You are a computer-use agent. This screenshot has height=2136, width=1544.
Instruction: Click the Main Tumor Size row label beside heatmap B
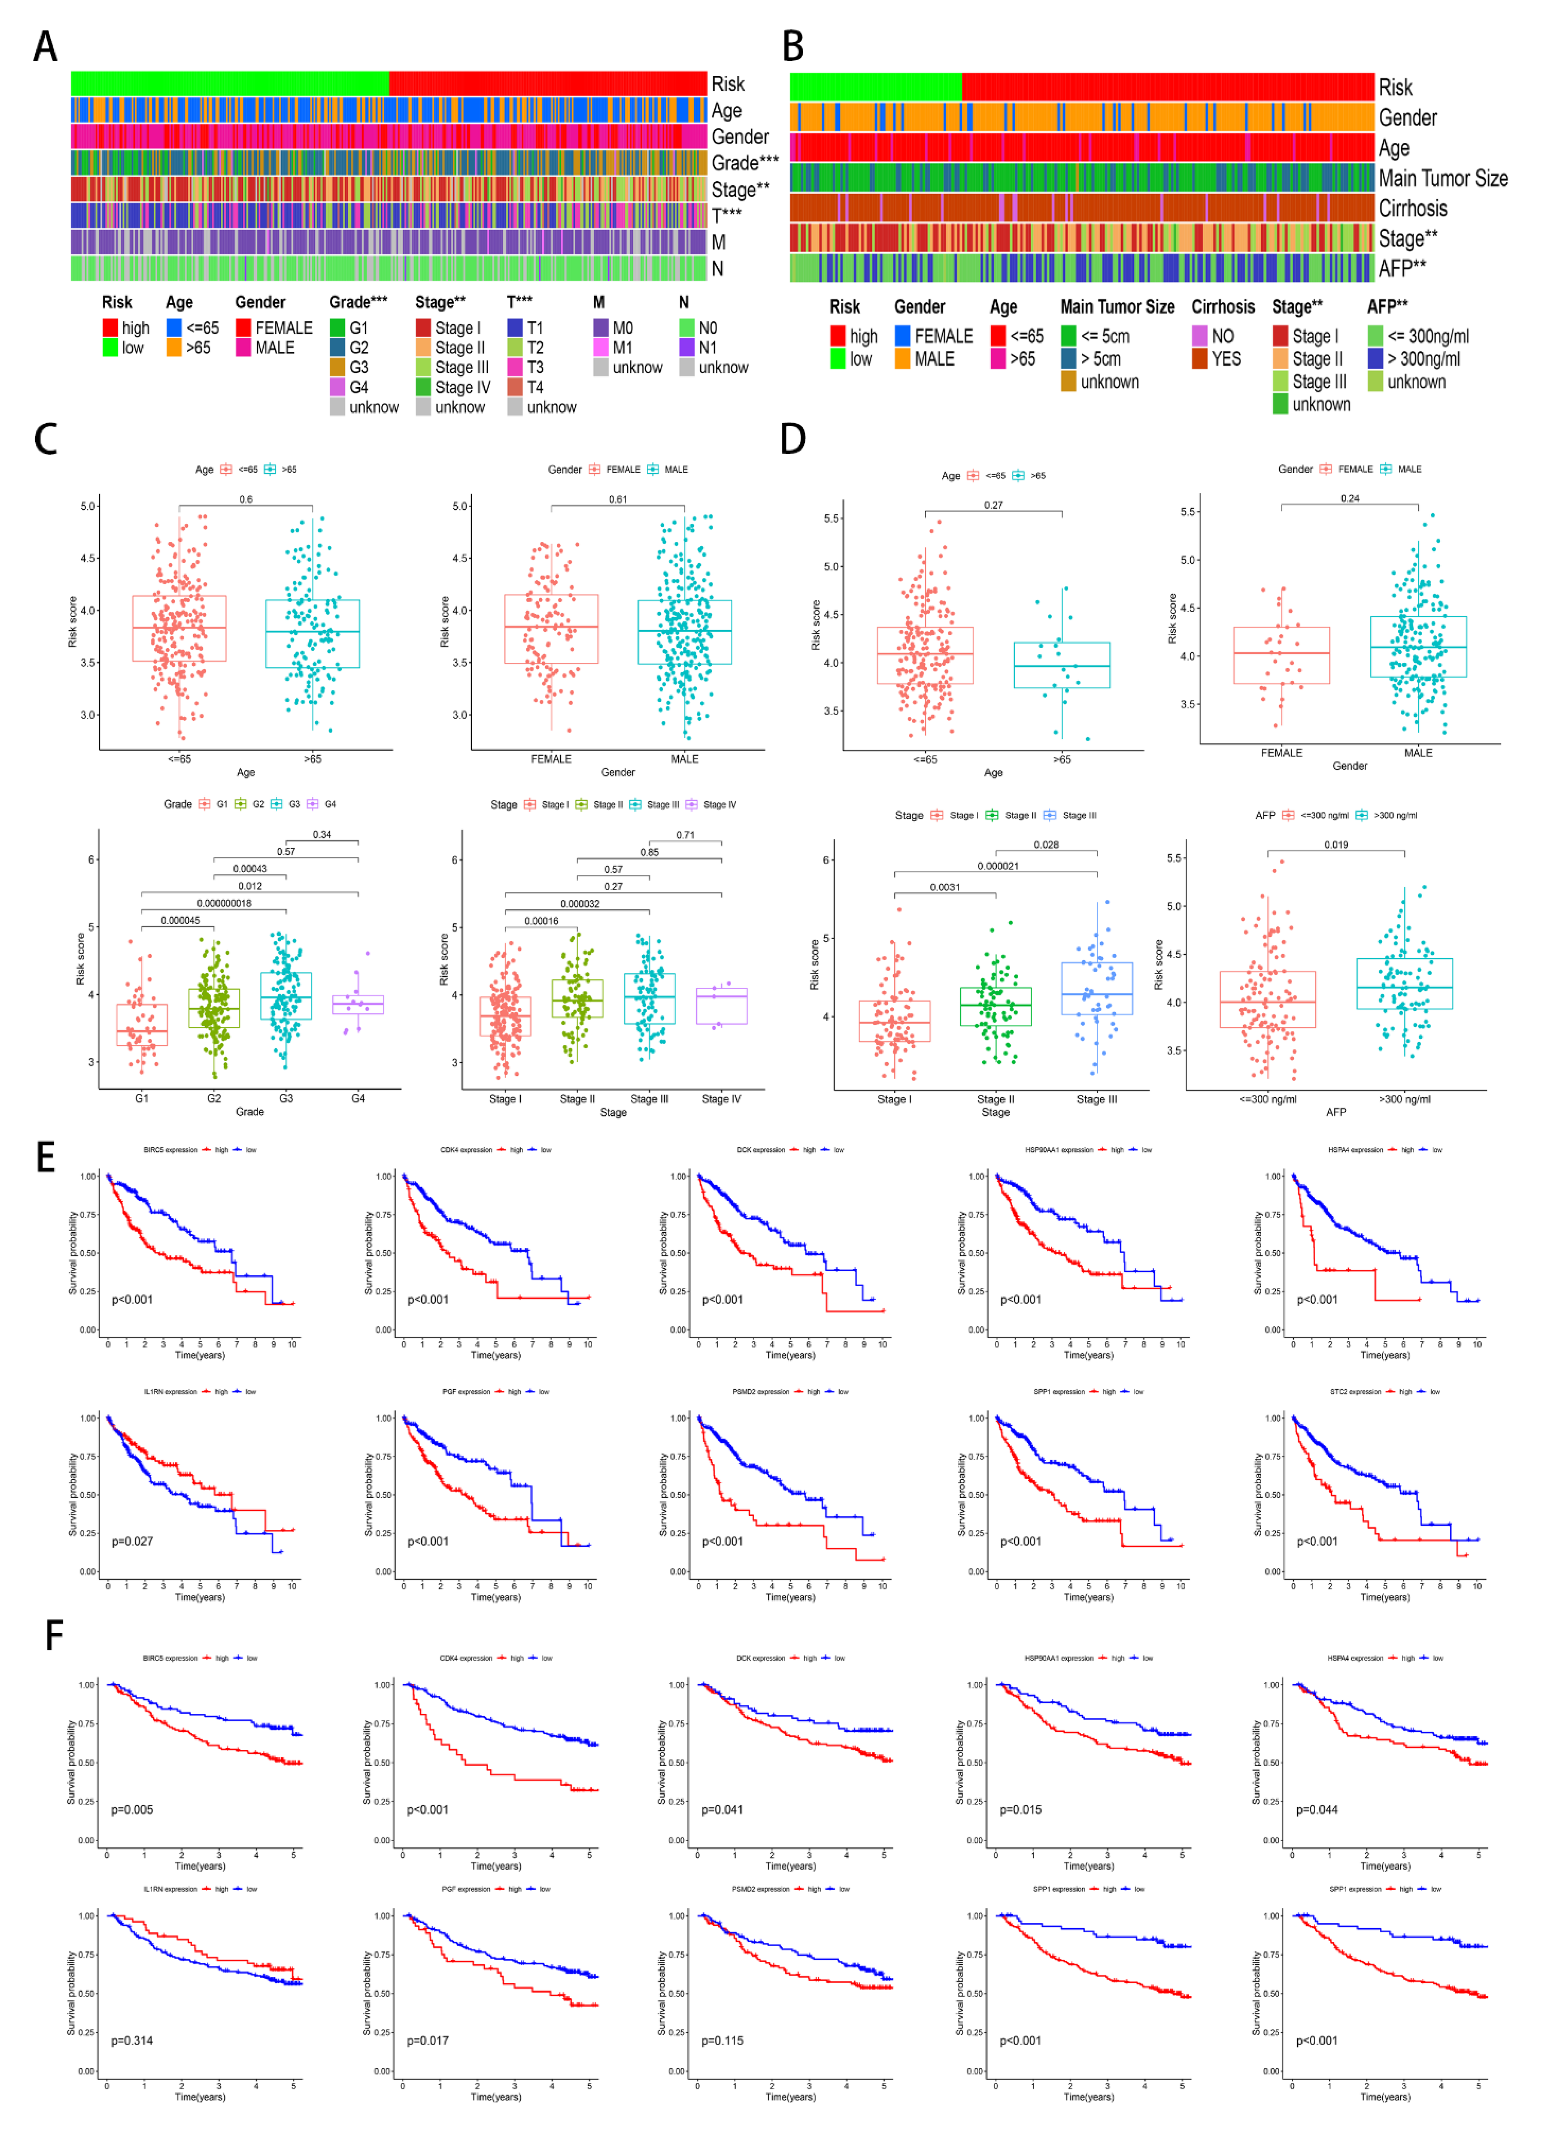(1442, 178)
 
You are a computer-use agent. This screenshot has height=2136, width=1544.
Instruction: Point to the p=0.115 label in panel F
(722, 2041)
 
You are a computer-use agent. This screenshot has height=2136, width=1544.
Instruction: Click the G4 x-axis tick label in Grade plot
(358, 1098)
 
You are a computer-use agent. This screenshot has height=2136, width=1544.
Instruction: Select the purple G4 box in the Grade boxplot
(358, 1004)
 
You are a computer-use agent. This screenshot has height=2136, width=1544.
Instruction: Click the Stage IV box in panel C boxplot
(721, 1006)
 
